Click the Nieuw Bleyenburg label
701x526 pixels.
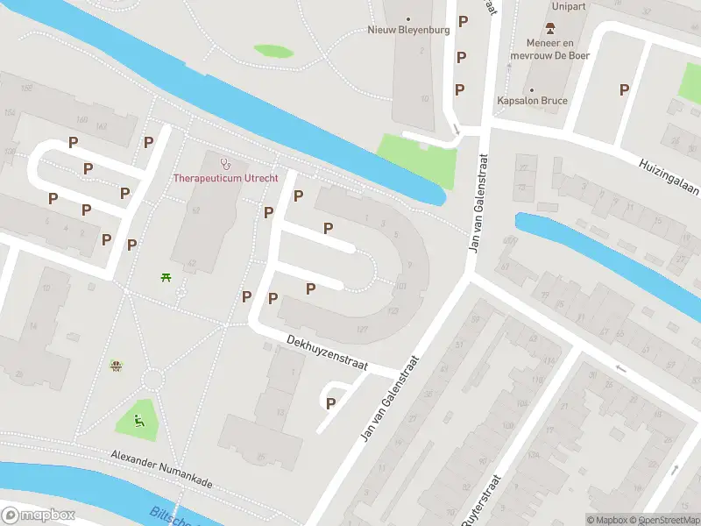point(407,30)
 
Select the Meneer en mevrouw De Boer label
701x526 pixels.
point(557,49)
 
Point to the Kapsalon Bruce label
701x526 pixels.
point(532,101)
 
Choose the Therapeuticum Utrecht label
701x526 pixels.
point(225,178)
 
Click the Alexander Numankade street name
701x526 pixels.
point(161,470)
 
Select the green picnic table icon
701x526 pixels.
point(166,279)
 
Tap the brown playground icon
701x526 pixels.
point(115,366)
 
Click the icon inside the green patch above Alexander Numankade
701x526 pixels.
point(138,419)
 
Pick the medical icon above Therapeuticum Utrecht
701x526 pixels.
point(224,162)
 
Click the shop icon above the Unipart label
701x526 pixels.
point(550,27)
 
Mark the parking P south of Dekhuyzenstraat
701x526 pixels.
point(330,403)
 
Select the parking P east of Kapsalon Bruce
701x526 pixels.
point(624,89)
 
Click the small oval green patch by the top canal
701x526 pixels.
point(273,51)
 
